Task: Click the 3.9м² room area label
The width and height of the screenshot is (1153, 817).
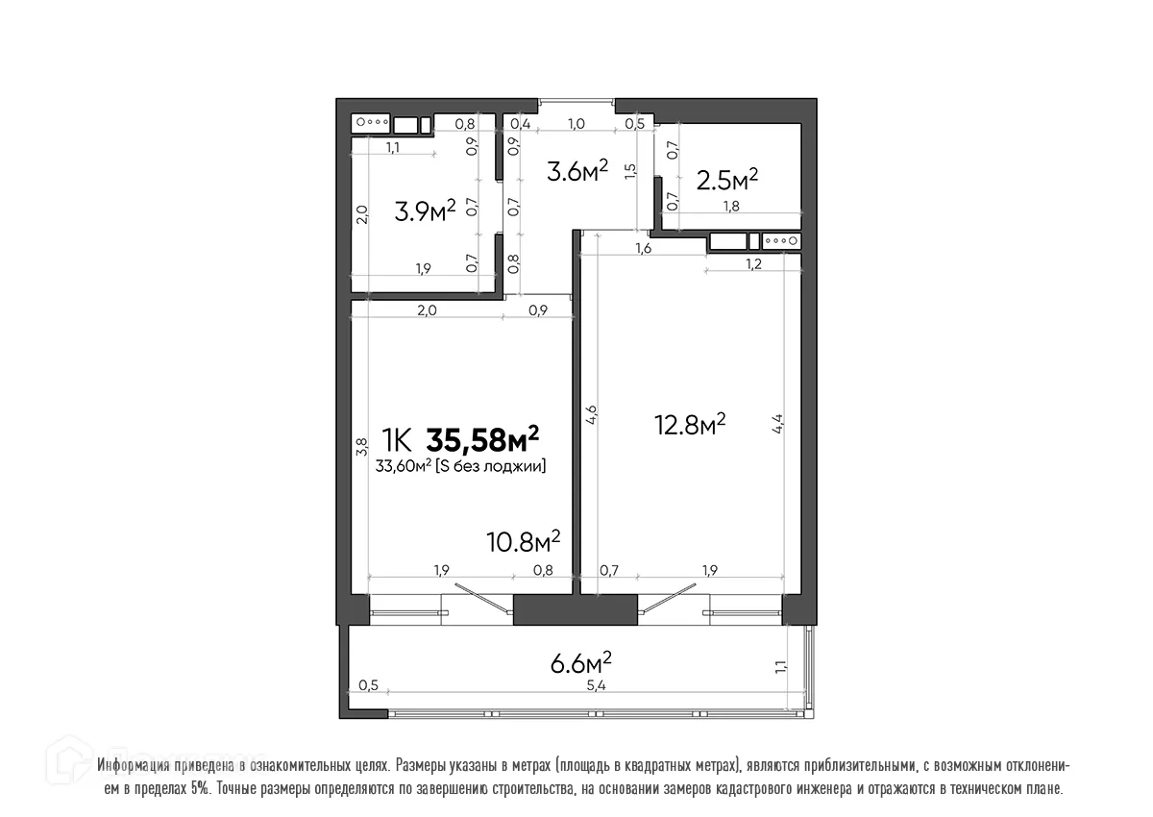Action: pos(424,210)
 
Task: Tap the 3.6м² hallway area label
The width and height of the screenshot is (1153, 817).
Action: pos(577,171)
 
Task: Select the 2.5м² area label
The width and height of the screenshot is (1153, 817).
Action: pos(727,179)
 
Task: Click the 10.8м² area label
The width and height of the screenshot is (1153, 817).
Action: pos(524,541)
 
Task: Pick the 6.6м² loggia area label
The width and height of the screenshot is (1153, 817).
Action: pos(579,663)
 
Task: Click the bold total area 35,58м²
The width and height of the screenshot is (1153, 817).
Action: pos(482,440)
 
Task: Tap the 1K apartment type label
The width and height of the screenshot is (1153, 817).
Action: pos(398,441)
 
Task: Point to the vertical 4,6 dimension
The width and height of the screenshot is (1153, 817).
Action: pos(592,416)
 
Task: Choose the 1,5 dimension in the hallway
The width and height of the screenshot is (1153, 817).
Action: pos(629,171)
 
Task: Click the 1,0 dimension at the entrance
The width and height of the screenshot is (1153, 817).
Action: pos(577,124)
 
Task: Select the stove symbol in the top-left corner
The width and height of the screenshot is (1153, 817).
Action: pos(371,123)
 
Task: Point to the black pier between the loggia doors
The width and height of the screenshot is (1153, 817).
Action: pos(575,610)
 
